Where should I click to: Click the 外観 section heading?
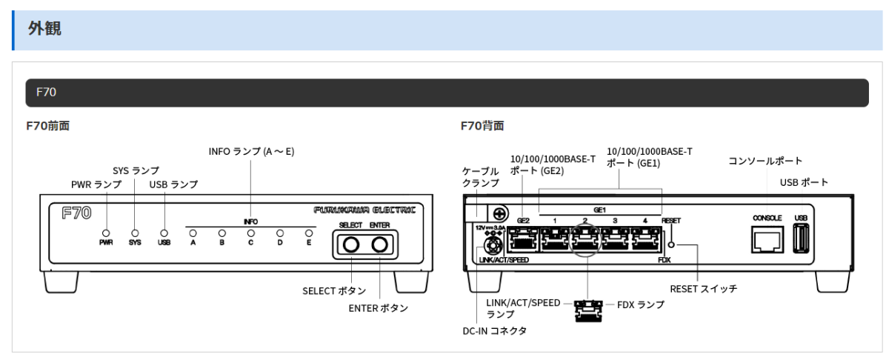pos(45,30)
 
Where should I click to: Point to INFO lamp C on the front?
pos(251,232)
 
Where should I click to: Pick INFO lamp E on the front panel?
pos(309,232)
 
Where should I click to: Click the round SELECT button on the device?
pos(350,244)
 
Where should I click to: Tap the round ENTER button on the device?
pos(380,244)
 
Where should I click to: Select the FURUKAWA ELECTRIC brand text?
pos(364,210)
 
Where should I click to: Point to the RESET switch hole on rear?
pos(673,244)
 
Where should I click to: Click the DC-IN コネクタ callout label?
pos(500,330)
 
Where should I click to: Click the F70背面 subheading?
pos(482,126)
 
